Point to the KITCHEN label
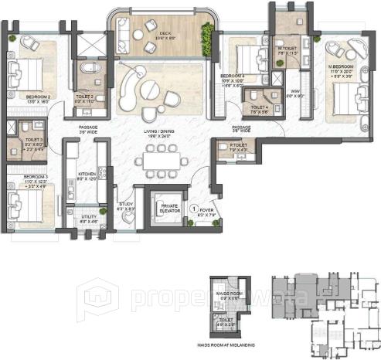87,175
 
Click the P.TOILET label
238,144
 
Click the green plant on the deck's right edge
207,33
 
